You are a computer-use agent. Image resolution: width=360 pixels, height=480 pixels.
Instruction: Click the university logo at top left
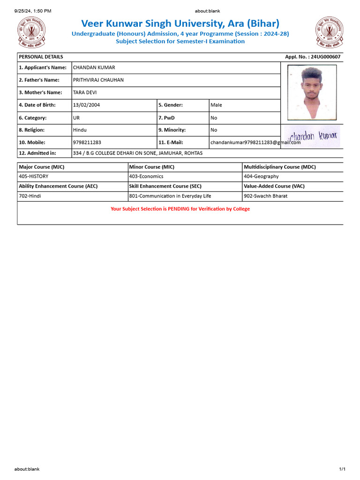coord(31,31)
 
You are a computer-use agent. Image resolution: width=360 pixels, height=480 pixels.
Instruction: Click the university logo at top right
coord(329,31)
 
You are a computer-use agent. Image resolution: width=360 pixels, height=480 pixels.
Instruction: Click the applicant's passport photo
coord(312,92)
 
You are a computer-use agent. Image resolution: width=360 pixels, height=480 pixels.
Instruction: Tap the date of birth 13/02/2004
coord(86,105)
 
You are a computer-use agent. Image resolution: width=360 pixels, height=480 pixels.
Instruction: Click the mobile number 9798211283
coord(87,142)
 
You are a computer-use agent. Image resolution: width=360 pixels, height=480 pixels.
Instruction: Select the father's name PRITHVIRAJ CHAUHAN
coord(98,80)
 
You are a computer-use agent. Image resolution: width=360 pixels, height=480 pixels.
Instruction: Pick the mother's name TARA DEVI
coord(85,92)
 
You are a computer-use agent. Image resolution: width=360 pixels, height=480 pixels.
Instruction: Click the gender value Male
coord(216,105)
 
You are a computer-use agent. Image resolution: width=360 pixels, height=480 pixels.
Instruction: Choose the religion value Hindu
coord(80,130)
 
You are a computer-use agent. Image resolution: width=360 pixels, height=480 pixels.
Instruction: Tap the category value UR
coord(76,118)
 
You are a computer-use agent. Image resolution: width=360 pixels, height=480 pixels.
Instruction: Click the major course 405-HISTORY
coord(33,176)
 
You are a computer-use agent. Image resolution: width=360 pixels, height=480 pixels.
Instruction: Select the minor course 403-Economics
coord(146,176)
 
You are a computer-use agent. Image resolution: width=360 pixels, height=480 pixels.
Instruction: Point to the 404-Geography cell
coord(261,176)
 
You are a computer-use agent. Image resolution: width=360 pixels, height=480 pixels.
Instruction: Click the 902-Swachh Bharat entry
coord(266,196)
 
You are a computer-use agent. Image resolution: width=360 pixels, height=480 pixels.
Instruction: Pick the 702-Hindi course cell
coord(30,196)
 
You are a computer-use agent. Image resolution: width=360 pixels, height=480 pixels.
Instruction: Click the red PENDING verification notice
coord(180,209)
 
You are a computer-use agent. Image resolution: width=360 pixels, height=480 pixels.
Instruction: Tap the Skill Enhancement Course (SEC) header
coord(165,186)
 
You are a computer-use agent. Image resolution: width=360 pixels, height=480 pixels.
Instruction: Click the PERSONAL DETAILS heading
coord(41,57)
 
